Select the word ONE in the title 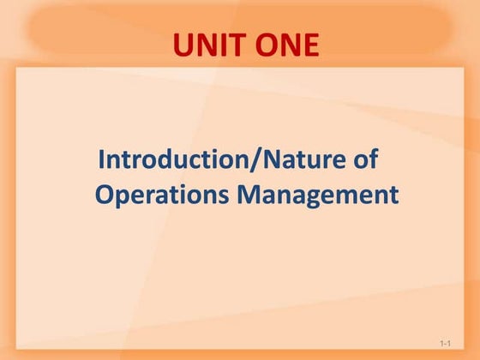point(284,45)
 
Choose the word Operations point(162,195)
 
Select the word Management point(318,195)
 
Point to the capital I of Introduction point(103,159)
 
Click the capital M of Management point(249,195)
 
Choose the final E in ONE point(309,45)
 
